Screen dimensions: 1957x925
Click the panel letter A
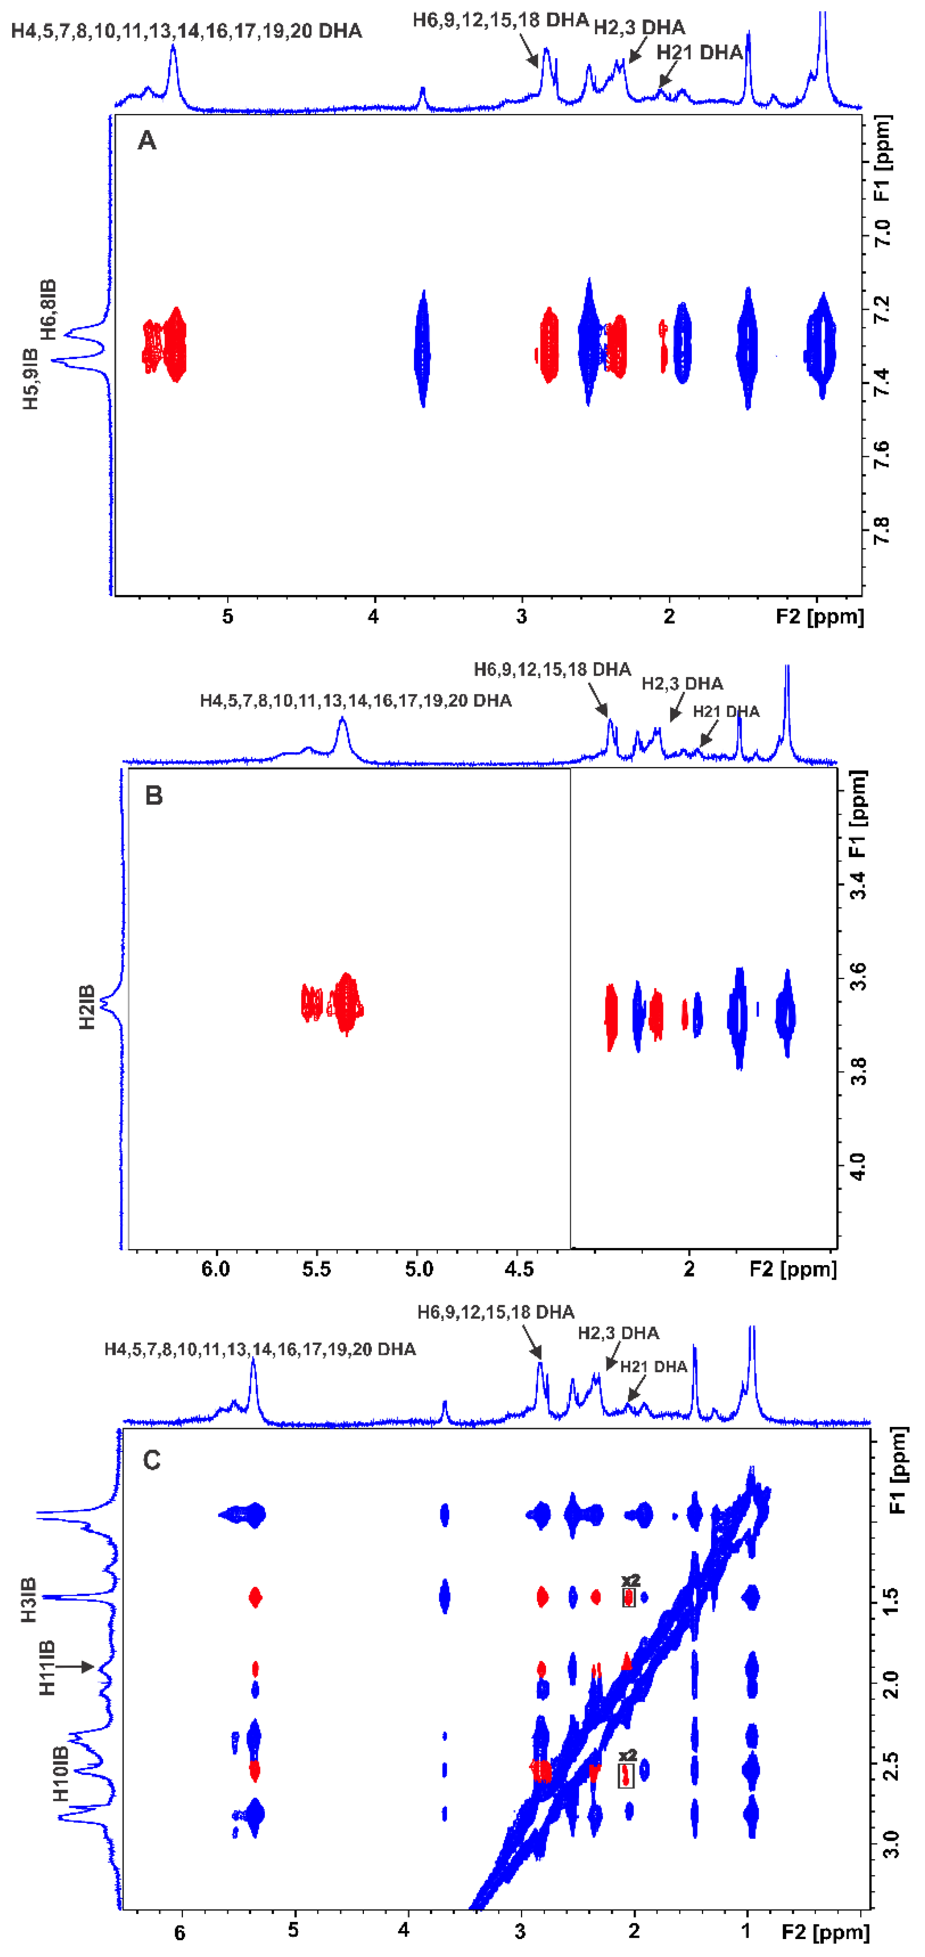[147, 140]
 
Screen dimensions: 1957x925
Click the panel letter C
[152, 1460]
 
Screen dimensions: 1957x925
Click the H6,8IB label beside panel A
[48, 309]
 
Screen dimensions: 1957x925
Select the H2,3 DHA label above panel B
[682, 684]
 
